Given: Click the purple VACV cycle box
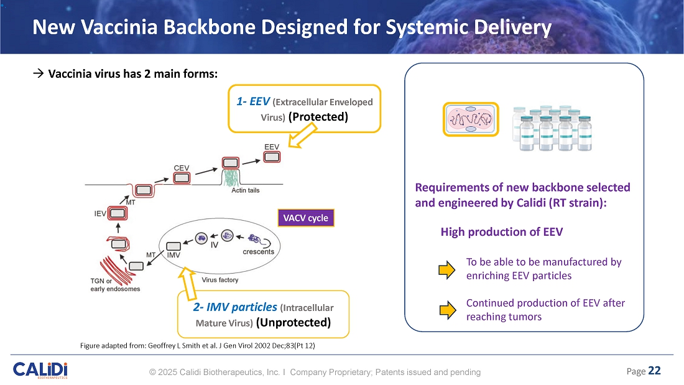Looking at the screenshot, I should [x=305, y=218].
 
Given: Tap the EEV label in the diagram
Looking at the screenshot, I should [x=272, y=146].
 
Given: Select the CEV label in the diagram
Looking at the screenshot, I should [x=181, y=167].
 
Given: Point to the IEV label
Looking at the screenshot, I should [x=99, y=213].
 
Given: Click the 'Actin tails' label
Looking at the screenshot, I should [x=245, y=190].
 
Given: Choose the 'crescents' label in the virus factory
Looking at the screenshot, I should [x=258, y=251].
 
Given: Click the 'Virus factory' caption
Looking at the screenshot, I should [x=220, y=280].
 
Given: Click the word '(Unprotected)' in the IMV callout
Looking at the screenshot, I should [x=293, y=322].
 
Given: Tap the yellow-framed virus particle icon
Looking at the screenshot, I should [x=470, y=119].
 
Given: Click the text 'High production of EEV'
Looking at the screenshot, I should [x=501, y=232].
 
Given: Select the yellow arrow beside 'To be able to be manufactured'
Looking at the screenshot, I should [x=447, y=269].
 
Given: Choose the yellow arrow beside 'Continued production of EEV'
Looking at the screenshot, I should [x=447, y=310].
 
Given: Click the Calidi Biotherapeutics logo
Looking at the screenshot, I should [x=40, y=369].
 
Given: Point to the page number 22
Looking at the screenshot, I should [x=654, y=371].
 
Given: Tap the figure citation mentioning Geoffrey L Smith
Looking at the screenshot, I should [x=198, y=345].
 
